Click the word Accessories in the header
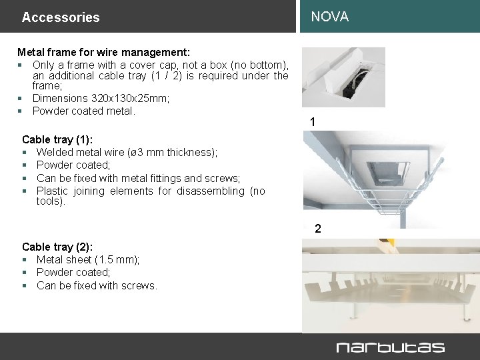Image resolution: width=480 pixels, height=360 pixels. (60, 17)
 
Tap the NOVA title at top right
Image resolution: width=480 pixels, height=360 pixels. (329, 17)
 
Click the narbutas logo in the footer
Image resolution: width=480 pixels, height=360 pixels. (390, 347)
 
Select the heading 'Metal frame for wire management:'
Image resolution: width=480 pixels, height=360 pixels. (103, 52)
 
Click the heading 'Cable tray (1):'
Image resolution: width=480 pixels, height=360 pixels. (57, 139)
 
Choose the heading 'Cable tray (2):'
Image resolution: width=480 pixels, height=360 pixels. (57, 247)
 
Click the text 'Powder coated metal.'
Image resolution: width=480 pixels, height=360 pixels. (84, 111)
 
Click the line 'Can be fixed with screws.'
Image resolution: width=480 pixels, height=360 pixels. (97, 285)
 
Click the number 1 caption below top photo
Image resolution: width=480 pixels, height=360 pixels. (313, 122)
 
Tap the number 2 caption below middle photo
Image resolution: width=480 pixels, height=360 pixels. (318, 229)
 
